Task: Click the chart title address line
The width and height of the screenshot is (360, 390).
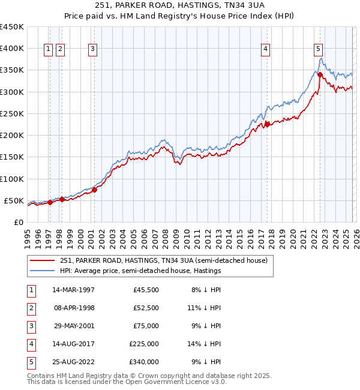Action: point(180,5)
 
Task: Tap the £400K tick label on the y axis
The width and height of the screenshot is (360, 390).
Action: point(12,49)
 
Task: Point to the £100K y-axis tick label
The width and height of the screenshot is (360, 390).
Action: point(12,179)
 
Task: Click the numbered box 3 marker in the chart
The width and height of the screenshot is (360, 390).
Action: point(93,50)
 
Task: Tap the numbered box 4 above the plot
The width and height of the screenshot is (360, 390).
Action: point(265,50)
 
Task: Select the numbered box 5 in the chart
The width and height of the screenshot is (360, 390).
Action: point(318,50)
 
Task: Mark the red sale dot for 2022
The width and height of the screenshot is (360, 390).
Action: point(320,75)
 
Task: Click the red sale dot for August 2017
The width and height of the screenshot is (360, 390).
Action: point(266,125)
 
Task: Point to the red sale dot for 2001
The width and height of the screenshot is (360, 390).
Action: point(95,190)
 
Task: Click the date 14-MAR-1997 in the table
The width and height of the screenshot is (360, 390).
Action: point(73,290)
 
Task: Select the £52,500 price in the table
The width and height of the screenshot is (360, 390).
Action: point(146,308)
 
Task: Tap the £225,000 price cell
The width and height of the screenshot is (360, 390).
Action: point(144,344)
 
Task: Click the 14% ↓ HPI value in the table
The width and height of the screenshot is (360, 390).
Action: point(207,344)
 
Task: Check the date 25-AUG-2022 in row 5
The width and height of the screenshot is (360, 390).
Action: point(73,362)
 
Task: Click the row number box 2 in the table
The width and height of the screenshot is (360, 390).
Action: point(31,308)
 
